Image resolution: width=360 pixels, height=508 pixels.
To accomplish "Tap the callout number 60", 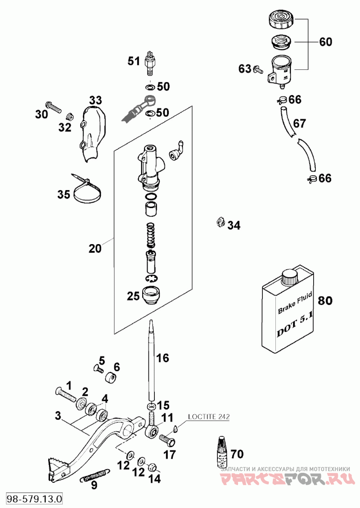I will pyautogui.click(x=325, y=42).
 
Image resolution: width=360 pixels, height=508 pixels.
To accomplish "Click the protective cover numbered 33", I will pyautogui.click(x=93, y=133).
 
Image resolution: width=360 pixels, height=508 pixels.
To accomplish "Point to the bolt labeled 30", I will pyautogui.click(x=53, y=108).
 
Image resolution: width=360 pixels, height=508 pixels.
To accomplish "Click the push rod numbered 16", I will pyautogui.click(x=151, y=360).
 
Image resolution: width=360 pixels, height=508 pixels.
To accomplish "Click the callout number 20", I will pyautogui.click(x=95, y=248).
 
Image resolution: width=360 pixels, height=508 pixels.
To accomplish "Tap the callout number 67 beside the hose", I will pyautogui.click(x=299, y=123).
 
